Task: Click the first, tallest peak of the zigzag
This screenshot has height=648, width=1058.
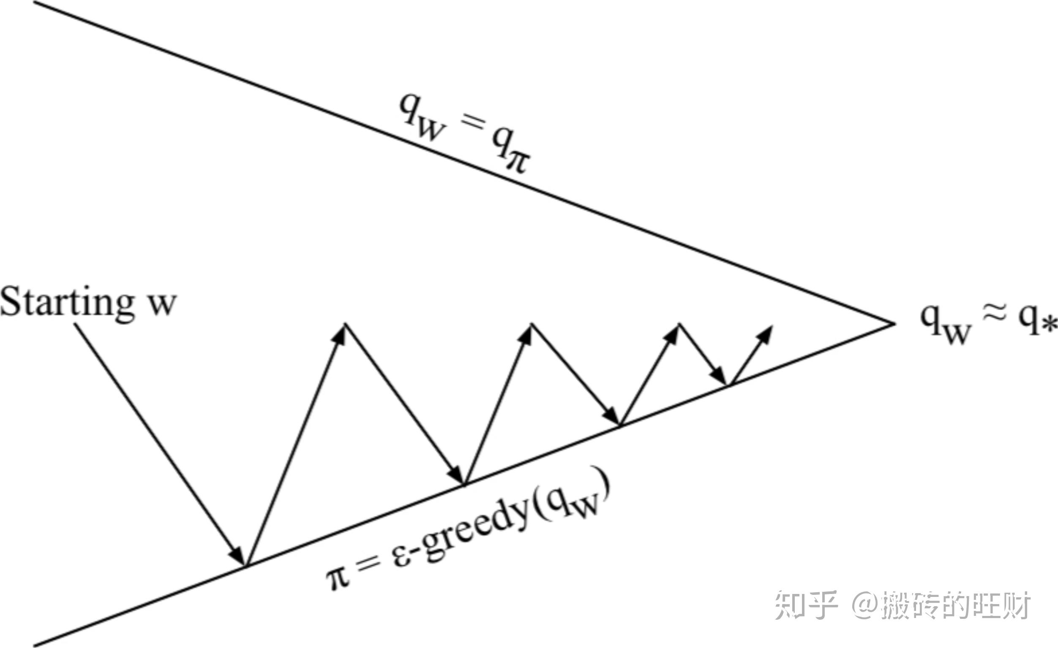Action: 345,325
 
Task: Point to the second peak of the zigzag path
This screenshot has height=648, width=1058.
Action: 532,325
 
